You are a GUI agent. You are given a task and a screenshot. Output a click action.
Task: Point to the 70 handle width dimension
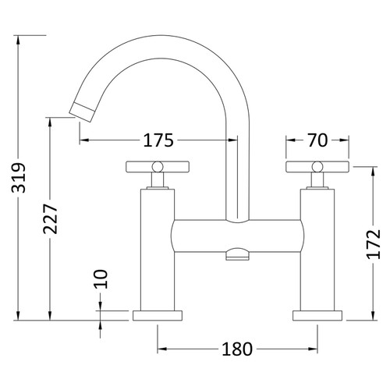[317, 140]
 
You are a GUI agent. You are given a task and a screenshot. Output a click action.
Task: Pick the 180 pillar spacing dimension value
[236, 349]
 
